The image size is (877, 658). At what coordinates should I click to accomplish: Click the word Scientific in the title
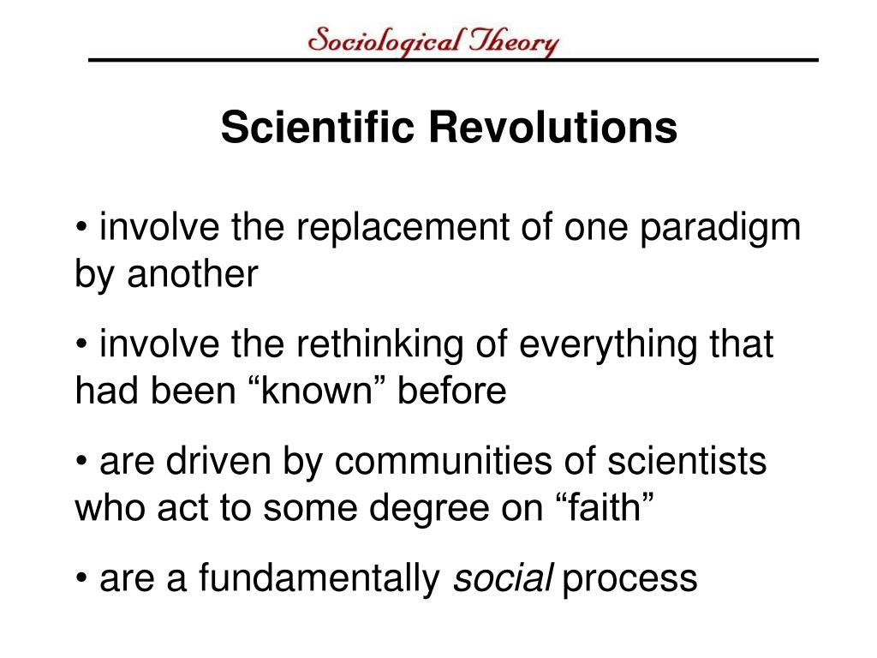tap(319, 128)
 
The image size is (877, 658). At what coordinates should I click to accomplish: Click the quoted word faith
tap(606, 508)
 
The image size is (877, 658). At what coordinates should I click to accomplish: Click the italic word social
tap(502, 578)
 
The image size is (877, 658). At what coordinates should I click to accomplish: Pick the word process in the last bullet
tap(630, 580)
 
